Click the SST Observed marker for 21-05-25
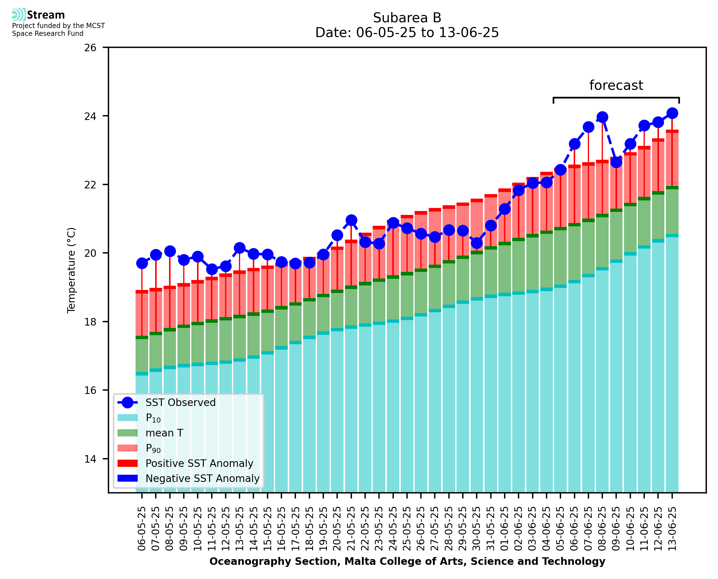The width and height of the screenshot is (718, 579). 351,220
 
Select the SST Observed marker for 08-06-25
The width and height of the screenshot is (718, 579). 602,117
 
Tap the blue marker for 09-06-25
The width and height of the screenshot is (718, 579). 616,162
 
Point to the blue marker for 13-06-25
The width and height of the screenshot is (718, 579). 672,113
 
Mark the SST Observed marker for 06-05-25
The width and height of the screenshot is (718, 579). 142,263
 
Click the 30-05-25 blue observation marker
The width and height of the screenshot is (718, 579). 477,243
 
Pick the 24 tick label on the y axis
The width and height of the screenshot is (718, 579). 90,116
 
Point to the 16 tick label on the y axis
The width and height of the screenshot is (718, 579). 90,390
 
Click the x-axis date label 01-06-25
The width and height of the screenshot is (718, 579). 505,529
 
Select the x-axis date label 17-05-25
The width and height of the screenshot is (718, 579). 295,529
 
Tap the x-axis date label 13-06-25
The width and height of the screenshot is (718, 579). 672,529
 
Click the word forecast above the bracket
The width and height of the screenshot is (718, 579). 616,85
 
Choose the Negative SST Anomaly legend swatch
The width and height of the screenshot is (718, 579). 127,478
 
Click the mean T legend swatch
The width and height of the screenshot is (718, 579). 127,433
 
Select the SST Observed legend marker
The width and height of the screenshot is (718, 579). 127,403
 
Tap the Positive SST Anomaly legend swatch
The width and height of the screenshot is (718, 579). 127,463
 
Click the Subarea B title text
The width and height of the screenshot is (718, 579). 407,18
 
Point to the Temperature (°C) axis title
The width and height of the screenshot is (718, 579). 71,270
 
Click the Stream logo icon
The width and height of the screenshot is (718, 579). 19,15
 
